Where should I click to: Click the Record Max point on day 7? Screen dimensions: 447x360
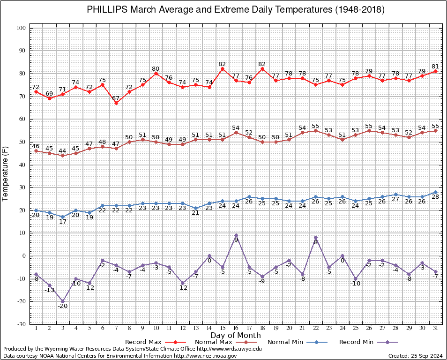click(x=116, y=103)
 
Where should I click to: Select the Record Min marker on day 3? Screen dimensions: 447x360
click(x=63, y=301)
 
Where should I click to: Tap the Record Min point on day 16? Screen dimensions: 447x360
click(x=236, y=235)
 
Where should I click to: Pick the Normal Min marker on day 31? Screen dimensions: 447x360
click(x=436, y=192)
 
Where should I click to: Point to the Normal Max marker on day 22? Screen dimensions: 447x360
click(x=316, y=131)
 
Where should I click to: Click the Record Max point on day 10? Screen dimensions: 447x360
click(x=156, y=73)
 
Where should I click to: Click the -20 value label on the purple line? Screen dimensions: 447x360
click(x=63, y=306)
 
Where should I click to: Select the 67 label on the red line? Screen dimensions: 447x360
click(x=116, y=98)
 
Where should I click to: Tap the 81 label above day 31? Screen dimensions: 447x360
click(x=435, y=67)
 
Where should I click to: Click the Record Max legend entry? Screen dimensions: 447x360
click(x=156, y=342)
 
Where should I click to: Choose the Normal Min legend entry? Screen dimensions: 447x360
click(x=298, y=342)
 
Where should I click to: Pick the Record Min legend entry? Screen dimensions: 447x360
click(x=368, y=342)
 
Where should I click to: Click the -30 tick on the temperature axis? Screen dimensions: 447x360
click(x=22, y=324)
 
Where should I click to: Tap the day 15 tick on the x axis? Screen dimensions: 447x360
click(x=223, y=328)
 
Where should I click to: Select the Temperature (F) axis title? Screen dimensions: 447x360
click(x=5, y=174)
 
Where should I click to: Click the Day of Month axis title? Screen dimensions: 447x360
click(x=236, y=335)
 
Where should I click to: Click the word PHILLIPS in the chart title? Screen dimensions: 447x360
click(x=107, y=9)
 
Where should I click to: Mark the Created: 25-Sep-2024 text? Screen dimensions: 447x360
click(x=415, y=356)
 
